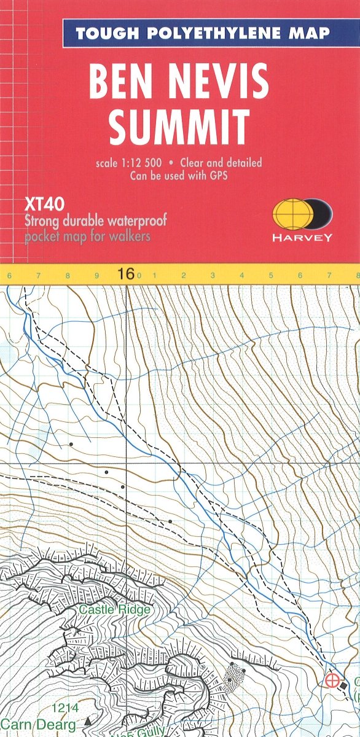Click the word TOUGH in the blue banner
tap(105, 33)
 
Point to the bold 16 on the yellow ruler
tap(126, 274)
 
